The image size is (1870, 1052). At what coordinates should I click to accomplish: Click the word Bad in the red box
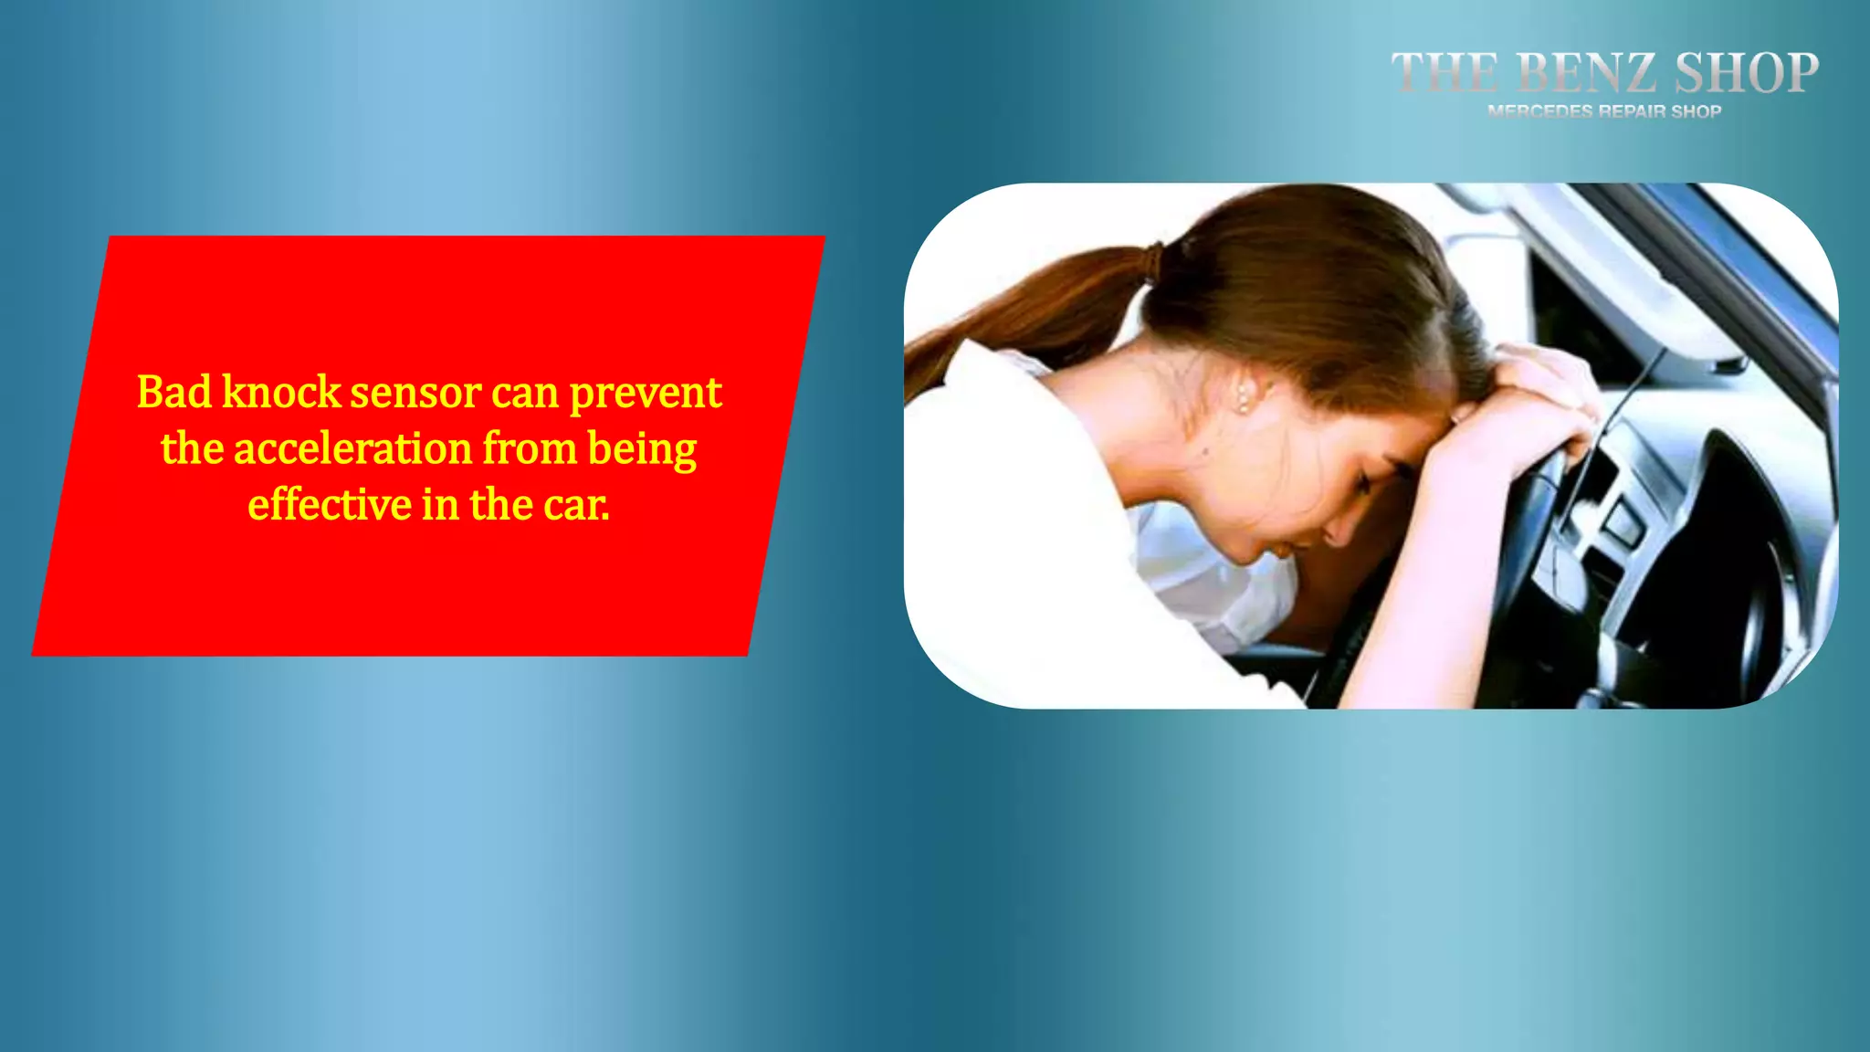coord(173,393)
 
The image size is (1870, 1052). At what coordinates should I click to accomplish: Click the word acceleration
coord(352,449)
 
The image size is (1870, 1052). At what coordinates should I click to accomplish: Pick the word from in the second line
coord(530,449)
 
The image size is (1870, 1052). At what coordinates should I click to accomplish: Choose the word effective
coord(330,505)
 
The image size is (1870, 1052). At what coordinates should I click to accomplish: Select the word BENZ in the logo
coord(1586,73)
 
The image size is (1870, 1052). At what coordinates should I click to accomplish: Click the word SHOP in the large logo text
coord(1746,73)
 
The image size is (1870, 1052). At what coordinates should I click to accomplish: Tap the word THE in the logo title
coord(1444,73)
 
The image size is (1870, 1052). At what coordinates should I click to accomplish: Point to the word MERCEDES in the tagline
coord(1539,111)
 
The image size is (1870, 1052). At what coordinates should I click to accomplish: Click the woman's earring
coord(1243,403)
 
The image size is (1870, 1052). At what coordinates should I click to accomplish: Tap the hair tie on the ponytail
coord(1155,259)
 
